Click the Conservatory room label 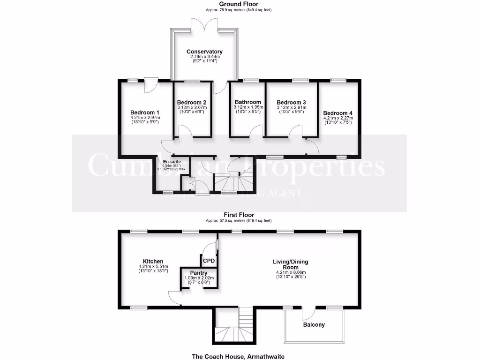click(204, 52)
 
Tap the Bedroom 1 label click(145, 112)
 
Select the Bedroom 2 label click(192, 102)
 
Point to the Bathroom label click(248, 102)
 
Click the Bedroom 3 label click(291, 102)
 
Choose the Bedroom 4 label click(337, 113)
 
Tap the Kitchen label click(153, 262)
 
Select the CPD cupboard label click(209, 261)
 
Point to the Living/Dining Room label click(291, 264)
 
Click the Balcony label click(314, 324)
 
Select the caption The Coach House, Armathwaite click(238, 356)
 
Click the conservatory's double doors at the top click(205, 24)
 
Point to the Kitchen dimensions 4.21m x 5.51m click(153, 268)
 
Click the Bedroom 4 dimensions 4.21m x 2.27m click(337, 119)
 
